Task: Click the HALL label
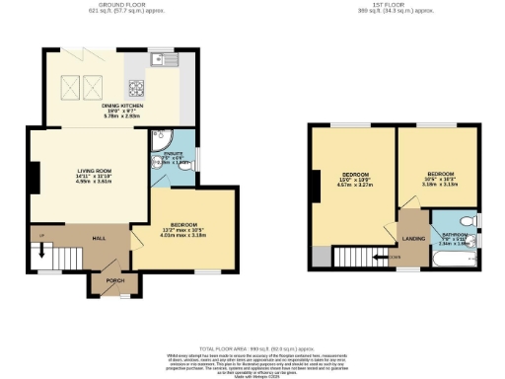pyautogui.click(x=99, y=238)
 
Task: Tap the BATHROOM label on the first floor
pyautogui.click(x=454, y=235)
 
